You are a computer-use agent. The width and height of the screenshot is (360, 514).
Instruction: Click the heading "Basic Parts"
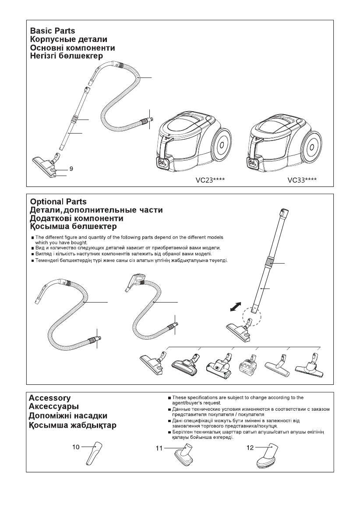pyautogui.click(x=52, y=31)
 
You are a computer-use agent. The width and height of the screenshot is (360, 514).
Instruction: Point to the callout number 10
pyautogui.click(x=76, y=447)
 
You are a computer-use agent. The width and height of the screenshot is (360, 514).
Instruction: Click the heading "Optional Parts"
pyautogui.click(x=58, y=202)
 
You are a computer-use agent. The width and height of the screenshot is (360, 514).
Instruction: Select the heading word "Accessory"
pyautogui.click(x=49, y=398)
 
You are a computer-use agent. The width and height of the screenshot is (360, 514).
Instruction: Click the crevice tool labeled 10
pyautogui.click(x=94, y=456)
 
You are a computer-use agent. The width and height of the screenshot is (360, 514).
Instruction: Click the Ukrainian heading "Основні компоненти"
pyautogui.click(x=72, y=48)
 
